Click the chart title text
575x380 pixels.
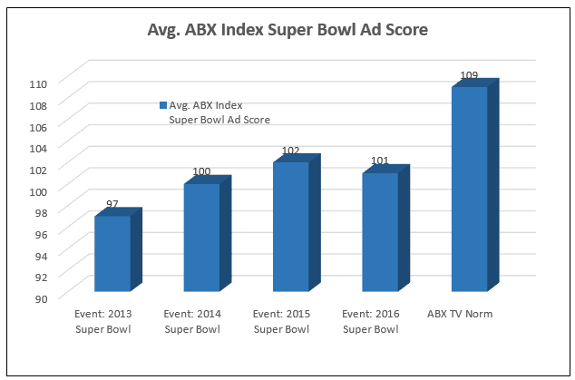click(x=287, y=29)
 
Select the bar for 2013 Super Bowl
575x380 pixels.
click(x=112, y=254)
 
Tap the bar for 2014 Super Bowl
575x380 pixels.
click(x=201, y=238)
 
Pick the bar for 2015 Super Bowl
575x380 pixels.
click(x=290, y=227)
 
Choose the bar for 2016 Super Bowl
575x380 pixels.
click(x=379, y=232)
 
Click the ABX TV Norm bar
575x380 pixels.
click(x=469, y=190)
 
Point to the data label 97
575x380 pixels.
click(x=112, y=205)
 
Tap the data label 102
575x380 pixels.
click(x=290, y=151)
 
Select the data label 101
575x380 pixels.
click(x=380, y=161)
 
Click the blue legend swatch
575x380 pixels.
click(x=162, y=105)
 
